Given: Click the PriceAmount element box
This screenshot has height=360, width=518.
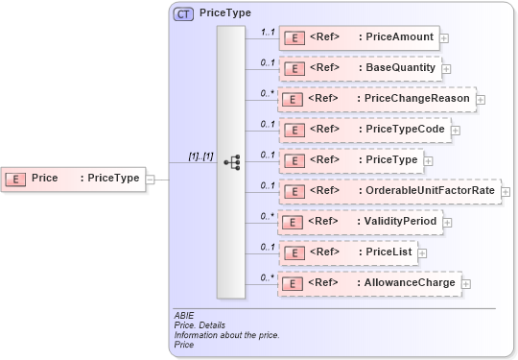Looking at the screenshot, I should pos(358,38).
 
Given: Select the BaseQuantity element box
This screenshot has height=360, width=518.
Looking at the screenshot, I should pos(360,69).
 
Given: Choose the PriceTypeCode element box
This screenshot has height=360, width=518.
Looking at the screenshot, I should pos(364,130).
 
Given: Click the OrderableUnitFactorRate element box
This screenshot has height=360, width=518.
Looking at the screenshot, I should pos(389,191).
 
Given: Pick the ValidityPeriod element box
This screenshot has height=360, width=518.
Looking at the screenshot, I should pos(361,222).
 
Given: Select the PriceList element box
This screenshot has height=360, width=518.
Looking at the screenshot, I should pos(347,252).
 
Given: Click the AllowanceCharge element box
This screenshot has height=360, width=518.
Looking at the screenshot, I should pos(369,282).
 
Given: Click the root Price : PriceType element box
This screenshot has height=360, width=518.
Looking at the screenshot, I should pos(74,178).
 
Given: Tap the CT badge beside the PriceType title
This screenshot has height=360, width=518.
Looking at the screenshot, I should pos(182,13).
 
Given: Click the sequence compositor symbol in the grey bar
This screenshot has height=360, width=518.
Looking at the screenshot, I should pos(231,162).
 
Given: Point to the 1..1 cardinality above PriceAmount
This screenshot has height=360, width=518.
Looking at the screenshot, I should pos(268,32).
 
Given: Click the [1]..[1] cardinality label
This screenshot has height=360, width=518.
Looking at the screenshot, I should pos(200,156).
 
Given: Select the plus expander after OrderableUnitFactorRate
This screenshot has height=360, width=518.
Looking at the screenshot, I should pos(506,192).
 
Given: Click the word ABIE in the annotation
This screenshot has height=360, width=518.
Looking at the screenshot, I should pos(184,315).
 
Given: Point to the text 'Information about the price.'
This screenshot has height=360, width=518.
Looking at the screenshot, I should pos(226,334).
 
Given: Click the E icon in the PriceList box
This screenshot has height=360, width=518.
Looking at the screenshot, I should pos(296,252).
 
